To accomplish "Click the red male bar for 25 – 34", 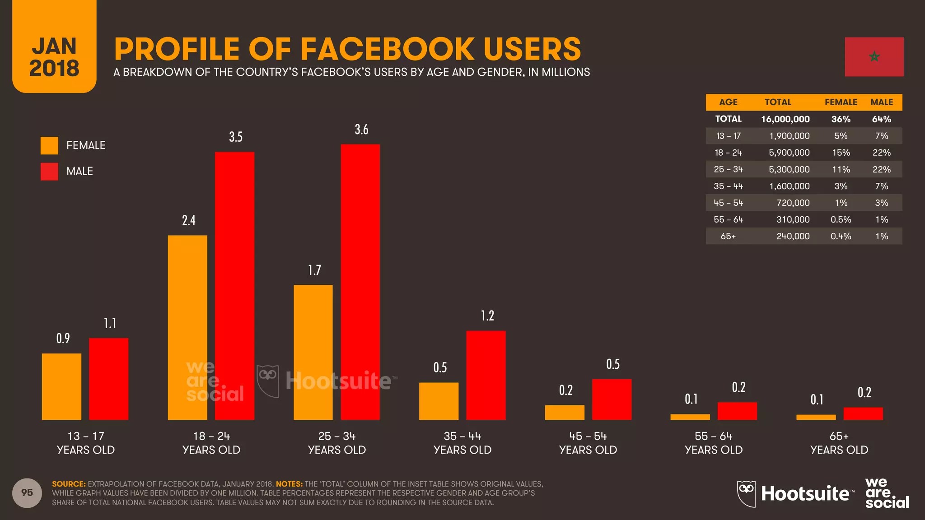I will tap(360, 282).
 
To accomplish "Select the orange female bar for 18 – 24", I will tap(187, 327).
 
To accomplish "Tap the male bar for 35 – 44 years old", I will tap(486, 375).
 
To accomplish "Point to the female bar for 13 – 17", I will tap(61, 386).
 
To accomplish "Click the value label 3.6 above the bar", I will tap(361, 130).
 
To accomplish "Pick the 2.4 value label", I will tap(188, 220).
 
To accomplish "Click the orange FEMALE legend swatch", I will tap(49, 145).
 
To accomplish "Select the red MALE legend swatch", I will tap(49, 172).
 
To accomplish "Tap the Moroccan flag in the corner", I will tap(874, 57).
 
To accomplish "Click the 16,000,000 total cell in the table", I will tap(785, 119).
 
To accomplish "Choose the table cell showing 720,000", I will tap(793, 203).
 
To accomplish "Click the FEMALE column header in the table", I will tap(841, 102).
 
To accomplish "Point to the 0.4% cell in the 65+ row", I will tap(841, 236).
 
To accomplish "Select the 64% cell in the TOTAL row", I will tap(881, 119).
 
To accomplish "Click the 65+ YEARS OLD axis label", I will tap(839, 443).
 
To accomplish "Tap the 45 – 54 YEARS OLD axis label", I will tap(588, 443).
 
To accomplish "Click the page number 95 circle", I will tap(27, 492).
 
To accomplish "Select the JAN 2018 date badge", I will tap(54, 56).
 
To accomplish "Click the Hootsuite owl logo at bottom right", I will tap(746, 493).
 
